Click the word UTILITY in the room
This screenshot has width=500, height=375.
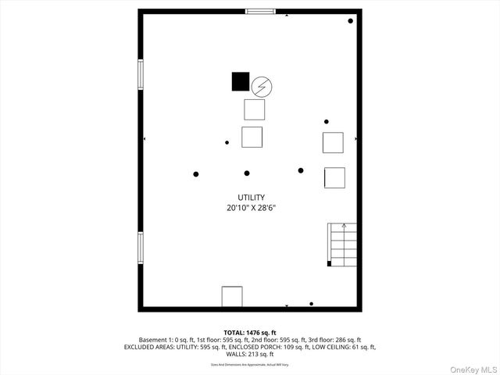pyautogui.click(x=252, y=198)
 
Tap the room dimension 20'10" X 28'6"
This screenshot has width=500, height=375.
pyautogui.click(x=252, y=209)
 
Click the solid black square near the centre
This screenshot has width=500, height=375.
pyautogui.click(x=241, y=81)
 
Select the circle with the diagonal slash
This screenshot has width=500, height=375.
pyautogui.click(x=262, y=85)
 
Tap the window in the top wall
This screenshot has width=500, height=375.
pyautogui.click(x=260, y=11)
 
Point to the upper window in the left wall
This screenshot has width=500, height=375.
pyautogui.click(x=141, y=75)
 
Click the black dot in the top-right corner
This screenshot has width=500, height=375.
pyautogui.click(x=350, y=21)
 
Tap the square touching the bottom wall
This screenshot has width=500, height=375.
pyautogui.click(x=232, y=297)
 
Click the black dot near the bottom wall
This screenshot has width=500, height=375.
pyautogui.click(x=311, y=304)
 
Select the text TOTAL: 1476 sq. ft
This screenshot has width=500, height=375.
pyautogui.click(x=250, y=333)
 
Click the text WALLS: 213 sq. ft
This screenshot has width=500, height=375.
pyautogui.click(x=250, y=354)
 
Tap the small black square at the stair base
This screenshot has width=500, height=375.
pyautogui.click(x=330, y=264)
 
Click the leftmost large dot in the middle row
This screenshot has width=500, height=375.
pyautogui.click(x=196, y=173)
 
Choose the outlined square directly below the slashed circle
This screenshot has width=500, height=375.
pyautogui.click(x=254, y=109)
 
